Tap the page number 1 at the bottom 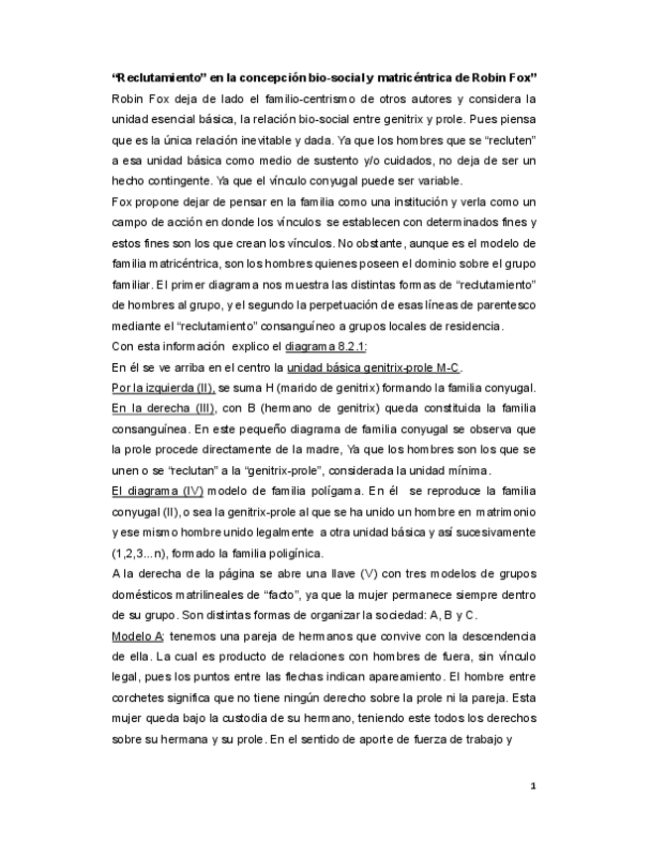pos(533,786)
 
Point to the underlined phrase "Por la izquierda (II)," pos(163,387)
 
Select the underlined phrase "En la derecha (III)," pos(160,407)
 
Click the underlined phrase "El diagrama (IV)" pos(157,490)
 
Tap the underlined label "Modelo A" pos(138,635)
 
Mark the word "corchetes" pos(141,697)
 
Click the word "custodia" pos(262,717)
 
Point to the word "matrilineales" pos(199,594)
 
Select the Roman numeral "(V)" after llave pos(346,573)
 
